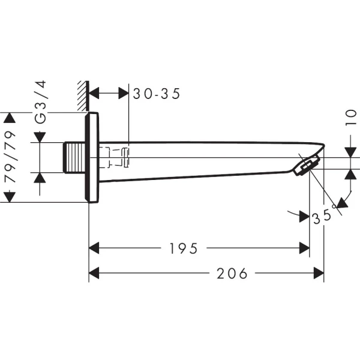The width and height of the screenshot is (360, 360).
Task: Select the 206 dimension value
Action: (x=232, y=274)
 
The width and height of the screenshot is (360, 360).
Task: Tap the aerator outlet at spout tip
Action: (x=308, y=164)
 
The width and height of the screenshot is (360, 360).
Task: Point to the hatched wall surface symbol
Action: (x=83, y=97)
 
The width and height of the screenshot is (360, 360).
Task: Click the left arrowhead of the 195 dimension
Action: (x=94, y=248)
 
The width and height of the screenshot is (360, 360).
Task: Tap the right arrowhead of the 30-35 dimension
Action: (x=124, y=94)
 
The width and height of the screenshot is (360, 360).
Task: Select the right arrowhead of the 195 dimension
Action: (x=305, y=248)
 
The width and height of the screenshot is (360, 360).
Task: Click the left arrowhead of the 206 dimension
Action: (x=94, y=274)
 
